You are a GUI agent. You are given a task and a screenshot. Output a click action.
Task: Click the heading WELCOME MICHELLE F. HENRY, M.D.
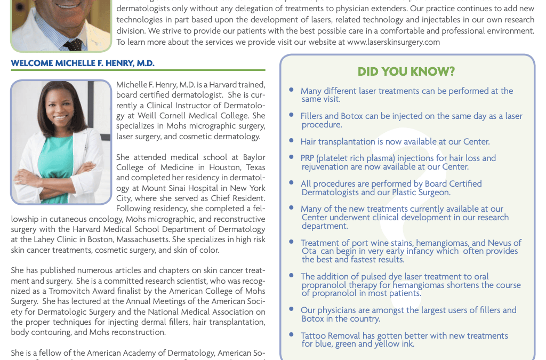click(x=83, y=63)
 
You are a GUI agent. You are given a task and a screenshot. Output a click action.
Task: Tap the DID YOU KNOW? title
click(x=406, y=72)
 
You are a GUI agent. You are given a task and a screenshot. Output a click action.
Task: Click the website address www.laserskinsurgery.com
click(x=394, y=42)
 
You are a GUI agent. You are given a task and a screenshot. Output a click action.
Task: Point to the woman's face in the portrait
click(x=60, y=107)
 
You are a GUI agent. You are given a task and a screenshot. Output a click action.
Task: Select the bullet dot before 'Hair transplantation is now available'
click(x=291, y=140)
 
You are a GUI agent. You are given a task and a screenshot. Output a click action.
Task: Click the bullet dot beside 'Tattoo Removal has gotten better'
click(x=291, y=334)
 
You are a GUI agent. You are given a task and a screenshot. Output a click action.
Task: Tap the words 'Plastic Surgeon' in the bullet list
click(x=422, y=193)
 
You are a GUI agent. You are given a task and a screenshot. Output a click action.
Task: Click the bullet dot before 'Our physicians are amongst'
click(x=291, y=309)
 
